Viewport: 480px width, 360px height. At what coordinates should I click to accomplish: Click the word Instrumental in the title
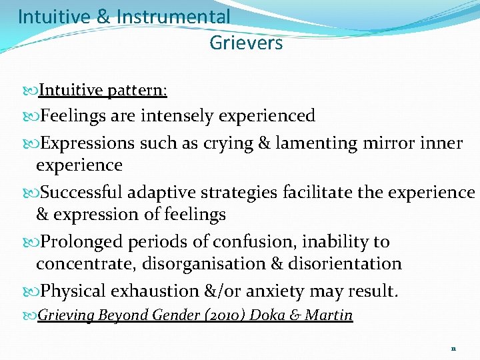173,16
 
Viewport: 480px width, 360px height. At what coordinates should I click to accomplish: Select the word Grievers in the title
246,43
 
